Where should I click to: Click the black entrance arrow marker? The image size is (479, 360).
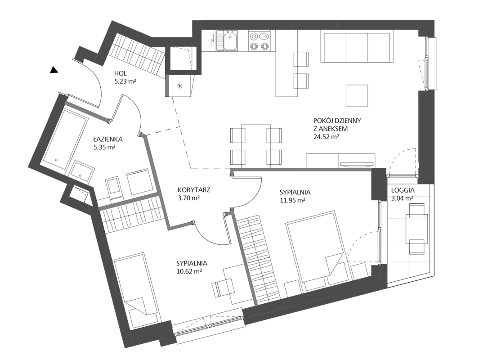(54, 70)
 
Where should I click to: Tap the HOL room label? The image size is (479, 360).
(121, 73)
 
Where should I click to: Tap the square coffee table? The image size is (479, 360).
(357, 95)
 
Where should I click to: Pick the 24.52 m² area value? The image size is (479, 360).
(326, 137)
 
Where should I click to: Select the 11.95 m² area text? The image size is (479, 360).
(293, 200)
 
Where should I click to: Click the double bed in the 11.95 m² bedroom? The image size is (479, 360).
(317, 250)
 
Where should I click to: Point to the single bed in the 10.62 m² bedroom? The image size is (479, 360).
(136, 291)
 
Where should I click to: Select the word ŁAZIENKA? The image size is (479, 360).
(108, 139)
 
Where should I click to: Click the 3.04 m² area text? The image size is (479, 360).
(403, 198)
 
